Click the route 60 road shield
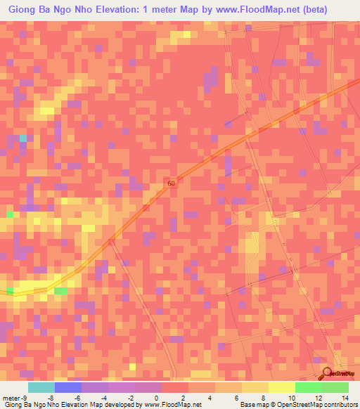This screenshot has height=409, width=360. pyautogui.click(x=172, y=183)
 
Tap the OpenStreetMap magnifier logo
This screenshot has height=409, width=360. pyautogui.click(x=328, y=372)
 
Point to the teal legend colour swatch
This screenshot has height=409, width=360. pyautogui.click(x=41, y=387)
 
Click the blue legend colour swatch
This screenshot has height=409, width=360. pyautogui.click(x=67, y=387)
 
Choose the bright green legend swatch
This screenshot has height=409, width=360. pyautogui.click(x=308, y=387)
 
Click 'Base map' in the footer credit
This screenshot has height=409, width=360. pyautogui.click(x=254, y=405)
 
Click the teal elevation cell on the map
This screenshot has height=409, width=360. pyautogui.click(x=22, y=138)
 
